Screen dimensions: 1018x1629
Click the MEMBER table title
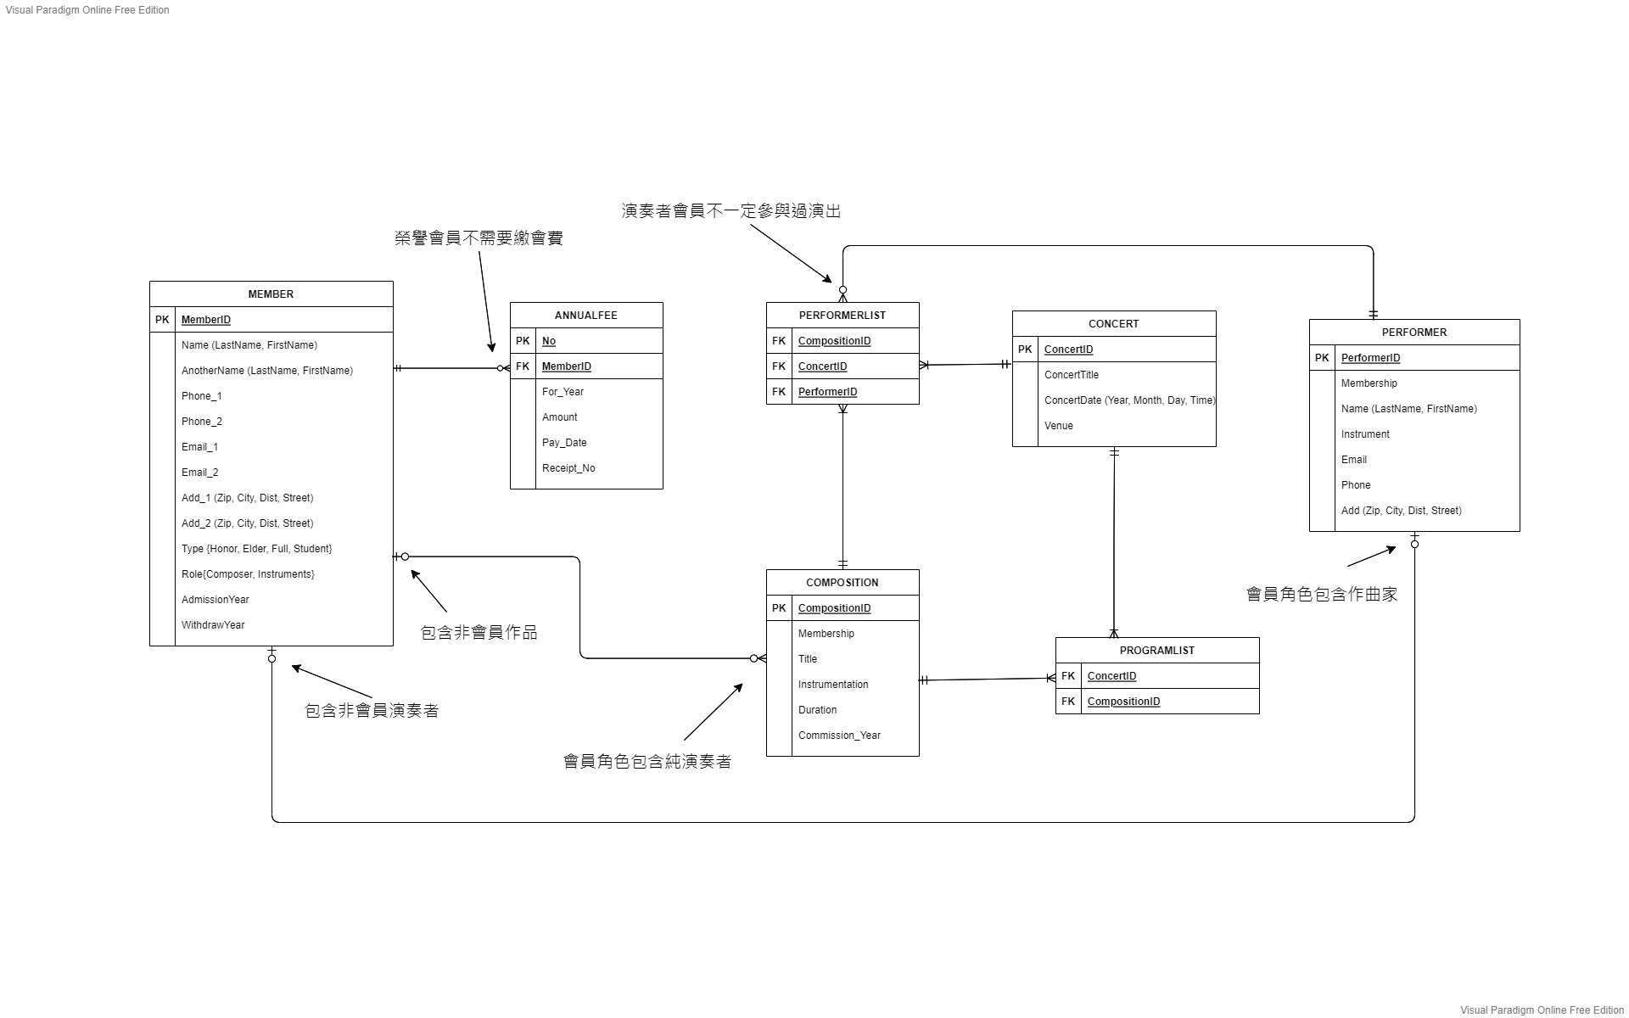click(x=271, y=294)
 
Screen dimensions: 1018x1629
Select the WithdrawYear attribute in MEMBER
click(x=213, y=625)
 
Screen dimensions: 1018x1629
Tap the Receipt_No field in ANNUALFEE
click(x=568, y=468)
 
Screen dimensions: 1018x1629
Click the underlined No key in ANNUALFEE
click(x=549, y=341)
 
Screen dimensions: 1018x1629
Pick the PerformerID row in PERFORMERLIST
click(x=827, y=392)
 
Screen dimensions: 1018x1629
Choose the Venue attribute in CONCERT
click(x=1059, y=426)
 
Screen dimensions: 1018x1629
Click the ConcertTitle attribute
click(x=1072, y=375)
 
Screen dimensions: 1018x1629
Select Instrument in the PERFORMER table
click(x=1365, y=434)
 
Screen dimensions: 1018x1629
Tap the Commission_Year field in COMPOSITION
click(x=839, y=736)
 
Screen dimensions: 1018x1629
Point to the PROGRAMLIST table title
click(x=1156, y=651)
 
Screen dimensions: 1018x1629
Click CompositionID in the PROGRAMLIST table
click(x=1123, y=702)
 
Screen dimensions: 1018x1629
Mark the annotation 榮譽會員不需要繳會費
click(x=479, y=238)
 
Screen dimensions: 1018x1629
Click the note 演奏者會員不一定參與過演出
click(x=731, y=211)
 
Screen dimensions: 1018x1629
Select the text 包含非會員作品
click(x=479, y=633)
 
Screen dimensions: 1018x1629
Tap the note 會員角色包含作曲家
click(x=1321, y=595)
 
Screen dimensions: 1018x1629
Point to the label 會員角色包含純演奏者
click(x=647, y=762)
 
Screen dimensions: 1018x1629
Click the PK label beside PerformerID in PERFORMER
click(x=1322, y=358)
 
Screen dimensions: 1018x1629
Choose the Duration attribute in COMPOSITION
click(x=817, y=710)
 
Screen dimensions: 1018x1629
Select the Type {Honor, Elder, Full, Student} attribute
click(x=256, y=549)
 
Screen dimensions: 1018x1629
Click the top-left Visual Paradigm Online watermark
click(x=87, y=10)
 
